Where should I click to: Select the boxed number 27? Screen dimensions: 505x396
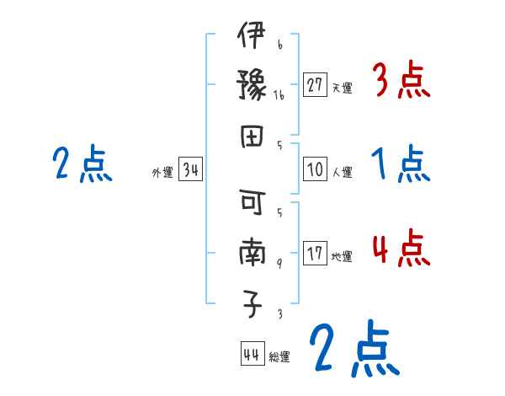(315, 84)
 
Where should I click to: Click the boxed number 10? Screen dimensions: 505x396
(315, 169)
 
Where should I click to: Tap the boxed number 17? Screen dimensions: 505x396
(315, 254)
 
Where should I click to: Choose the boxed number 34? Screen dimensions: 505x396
(191, 171)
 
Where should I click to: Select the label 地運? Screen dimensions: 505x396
(342, 256)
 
